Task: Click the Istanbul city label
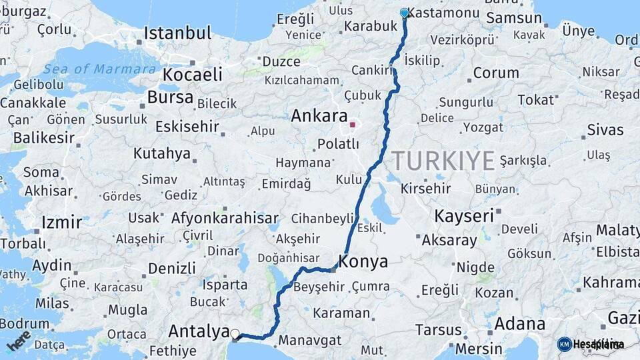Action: tap(177, 33)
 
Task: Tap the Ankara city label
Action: tap(319, 115)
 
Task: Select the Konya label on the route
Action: tap(363, 262)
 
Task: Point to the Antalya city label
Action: tap(198, 331)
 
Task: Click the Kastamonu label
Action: tap(443, 13)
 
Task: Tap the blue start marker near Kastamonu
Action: tap(404, 13)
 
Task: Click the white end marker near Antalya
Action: tap(235, 333)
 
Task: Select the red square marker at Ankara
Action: tap(353, 124)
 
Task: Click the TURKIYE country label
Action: tap(443, 161)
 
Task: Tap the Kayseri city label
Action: tap(464, 216)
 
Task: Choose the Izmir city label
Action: tap(61, 222)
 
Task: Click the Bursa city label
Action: tap(170, 97)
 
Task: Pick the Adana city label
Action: tap(520, 325)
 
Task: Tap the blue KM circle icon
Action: tap(564, 344)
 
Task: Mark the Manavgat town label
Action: tap(309, 340)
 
